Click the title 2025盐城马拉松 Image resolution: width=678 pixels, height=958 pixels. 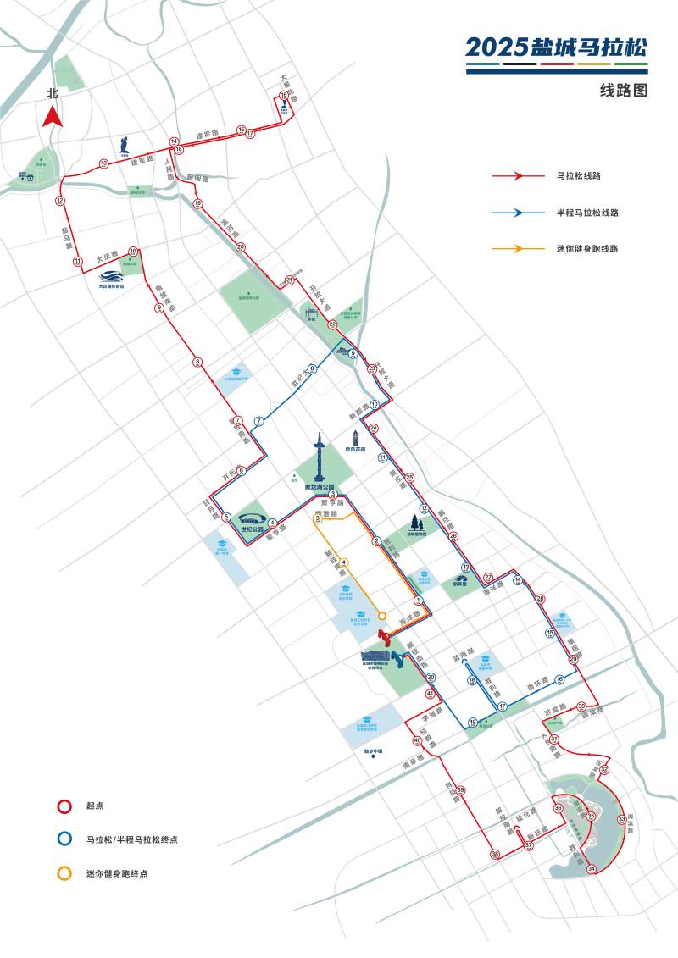pos(556,47)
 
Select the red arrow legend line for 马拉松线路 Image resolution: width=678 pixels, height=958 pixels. pos(518,175)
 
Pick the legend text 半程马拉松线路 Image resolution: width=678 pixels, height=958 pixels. pos(586,213)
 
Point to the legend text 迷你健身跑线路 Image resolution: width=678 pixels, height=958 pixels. pos(586,249)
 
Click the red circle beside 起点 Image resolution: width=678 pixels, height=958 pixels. pos(64,806)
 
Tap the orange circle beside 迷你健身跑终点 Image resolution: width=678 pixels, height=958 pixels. pos(64,872)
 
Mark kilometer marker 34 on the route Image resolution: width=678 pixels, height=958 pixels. pos(592,869)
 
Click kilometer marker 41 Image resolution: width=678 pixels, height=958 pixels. pos(431,695)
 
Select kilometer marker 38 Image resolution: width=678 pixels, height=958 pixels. pos(495,856)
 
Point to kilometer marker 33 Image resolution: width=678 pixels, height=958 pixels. pos(622,819)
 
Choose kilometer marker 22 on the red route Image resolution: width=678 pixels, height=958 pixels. pos(333,324)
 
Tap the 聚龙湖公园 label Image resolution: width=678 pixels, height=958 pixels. pos(320,487)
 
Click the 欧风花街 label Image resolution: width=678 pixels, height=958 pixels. pos(356,450)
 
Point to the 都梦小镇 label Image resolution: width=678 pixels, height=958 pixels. pos(374,750)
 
